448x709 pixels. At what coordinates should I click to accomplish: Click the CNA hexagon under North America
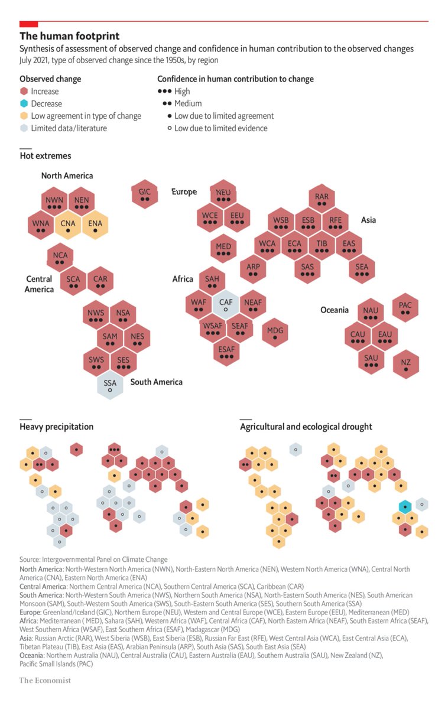pyautogui.click(x=68, y=225)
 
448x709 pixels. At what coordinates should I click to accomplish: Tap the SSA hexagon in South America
pyautogui.click(x=111, y=385)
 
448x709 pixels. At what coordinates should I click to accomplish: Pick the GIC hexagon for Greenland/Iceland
pyautogui.click(x=145, y=194)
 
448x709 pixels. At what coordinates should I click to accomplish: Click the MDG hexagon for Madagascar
pyautogui.click(x=275, y=332)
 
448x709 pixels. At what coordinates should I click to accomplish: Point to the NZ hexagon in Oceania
pyautogui.click(x=405, y=365)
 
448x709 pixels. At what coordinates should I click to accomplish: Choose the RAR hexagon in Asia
pyautogui.click(x=322, y=199)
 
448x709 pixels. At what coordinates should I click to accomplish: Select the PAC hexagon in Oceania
pyautogui.click(x=405, y=307)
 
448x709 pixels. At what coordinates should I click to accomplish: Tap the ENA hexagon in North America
pyautogui.click(x=95, y=225)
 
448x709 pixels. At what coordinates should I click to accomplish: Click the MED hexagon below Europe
pyautogui.click(x=223, y=249)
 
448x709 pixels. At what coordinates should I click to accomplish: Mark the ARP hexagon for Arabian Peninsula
pyautogui.click(x=253, y=269)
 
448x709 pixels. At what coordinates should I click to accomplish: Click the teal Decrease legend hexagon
pyautogui.click(x=24, y=103)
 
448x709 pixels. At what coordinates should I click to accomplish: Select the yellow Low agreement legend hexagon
pyautogui.click(x=24, y=116)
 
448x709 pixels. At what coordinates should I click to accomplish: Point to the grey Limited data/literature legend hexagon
pyautogui.click(x=24, y=128)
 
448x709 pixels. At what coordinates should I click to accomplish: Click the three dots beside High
pyautogui.click(x=165, y=92)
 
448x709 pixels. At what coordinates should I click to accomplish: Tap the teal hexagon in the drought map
pyautogui.click(x=405, y=506)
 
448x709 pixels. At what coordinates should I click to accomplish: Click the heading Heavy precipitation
pyautogui.click(x=56, y=426)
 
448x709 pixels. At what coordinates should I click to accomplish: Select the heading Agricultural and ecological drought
pyautogui.click(x=306, y=426)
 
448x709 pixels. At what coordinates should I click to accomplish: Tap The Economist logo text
pyautogui.click(x=45, y=680)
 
